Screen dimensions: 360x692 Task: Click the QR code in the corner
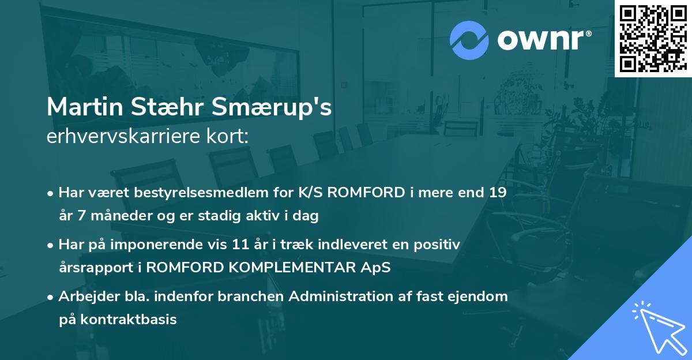click(x=653, y=38)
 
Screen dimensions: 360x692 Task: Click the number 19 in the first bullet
click(x=497, y=193)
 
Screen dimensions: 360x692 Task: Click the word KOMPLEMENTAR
click(x=305, y=268)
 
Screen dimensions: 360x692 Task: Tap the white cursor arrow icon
click(x=656, y=327)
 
